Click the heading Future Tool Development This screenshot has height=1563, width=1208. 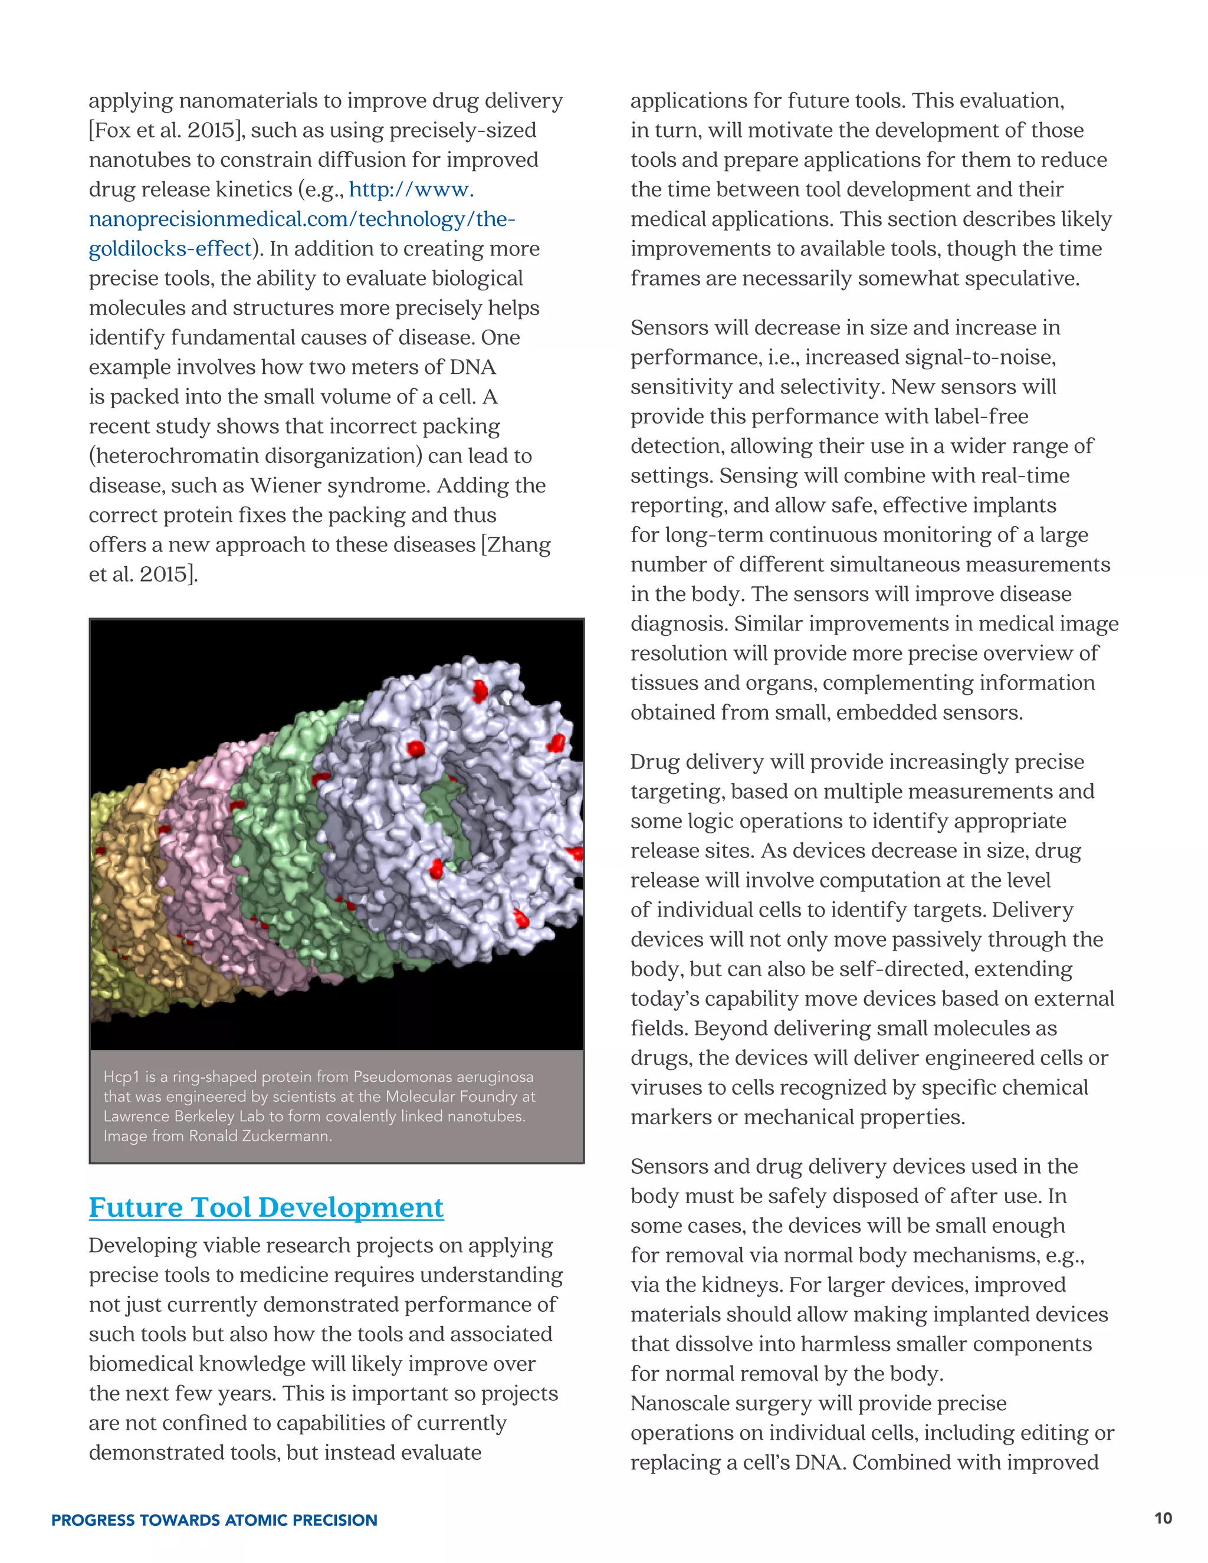pyautogui.click(x=266, y=1208)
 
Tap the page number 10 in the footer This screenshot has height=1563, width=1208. pyautogui.click(x=1163, y=1518)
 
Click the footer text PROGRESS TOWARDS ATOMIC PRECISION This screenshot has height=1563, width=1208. pyautogui.click(x=214, y=1520)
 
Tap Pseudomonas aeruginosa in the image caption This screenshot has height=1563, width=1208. pyautogui.click(x=443, y=1076)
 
